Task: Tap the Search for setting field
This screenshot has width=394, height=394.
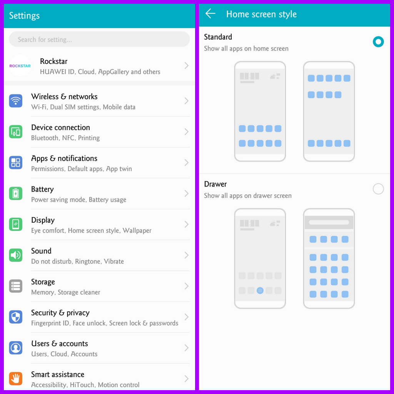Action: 99,39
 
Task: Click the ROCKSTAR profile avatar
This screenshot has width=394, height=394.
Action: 20,66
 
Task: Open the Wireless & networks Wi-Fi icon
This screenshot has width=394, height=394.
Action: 16,101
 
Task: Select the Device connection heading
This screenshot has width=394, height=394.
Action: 60,127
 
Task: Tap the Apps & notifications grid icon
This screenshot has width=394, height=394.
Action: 16,163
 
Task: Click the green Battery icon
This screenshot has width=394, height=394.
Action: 16,194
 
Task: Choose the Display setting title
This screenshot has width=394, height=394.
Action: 43,220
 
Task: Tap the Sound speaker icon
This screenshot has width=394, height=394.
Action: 16,255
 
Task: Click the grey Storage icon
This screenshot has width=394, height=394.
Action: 16,286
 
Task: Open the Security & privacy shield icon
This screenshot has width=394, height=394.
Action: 16,317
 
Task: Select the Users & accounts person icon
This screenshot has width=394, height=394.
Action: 16,348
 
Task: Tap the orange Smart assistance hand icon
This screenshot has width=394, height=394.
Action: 16,379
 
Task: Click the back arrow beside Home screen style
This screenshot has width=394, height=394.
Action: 210,14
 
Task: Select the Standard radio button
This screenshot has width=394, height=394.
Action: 378,42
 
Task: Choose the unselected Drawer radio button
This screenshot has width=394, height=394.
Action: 378,189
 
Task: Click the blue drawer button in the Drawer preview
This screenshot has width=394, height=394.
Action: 260,290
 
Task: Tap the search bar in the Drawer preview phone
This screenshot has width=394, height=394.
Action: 329,222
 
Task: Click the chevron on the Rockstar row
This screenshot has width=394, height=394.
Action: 187,66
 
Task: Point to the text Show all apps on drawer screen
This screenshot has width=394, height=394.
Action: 248,195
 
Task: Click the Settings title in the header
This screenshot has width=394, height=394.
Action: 24,16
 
